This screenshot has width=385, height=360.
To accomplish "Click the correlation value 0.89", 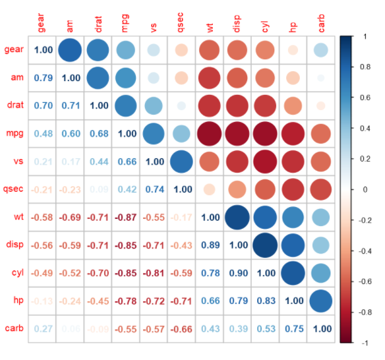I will (x=210, y=245).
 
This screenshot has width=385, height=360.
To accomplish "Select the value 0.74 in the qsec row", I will (x=154, y=189).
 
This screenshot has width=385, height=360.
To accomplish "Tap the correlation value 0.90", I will (x=237, y=272).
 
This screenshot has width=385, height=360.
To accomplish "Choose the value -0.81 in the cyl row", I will (x=154, y=272).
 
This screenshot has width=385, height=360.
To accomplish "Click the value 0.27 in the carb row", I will (x=44, y=328).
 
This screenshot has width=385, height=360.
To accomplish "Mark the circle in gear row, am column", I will (x=71, y=50).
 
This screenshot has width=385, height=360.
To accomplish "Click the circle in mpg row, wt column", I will (x=210, y=134).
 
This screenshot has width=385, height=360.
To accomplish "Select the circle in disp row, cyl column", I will (x=265, y=245).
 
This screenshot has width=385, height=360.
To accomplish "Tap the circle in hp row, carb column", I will (x=320, y=300).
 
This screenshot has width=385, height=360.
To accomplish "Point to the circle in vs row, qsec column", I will (x=181, y=162).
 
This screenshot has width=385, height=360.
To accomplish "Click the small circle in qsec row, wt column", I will (x=210, y=189).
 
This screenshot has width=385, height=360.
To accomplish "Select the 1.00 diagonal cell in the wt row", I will (x=210, y=217).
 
